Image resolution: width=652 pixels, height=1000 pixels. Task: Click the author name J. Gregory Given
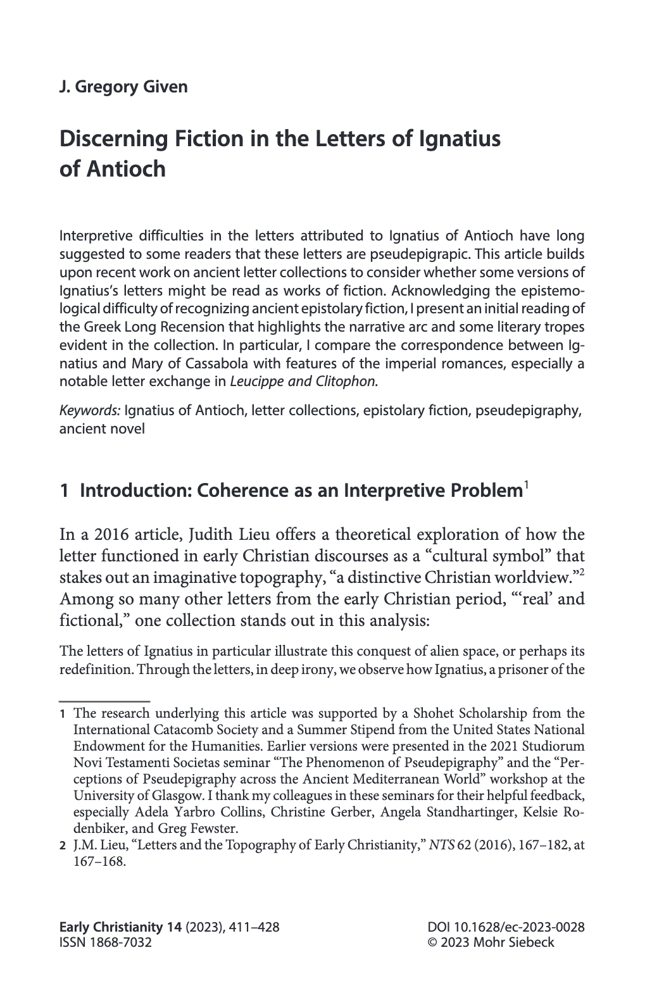123,87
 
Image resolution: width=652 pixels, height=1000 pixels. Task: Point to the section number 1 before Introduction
63,490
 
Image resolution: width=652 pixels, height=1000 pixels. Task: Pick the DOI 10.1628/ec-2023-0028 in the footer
506,927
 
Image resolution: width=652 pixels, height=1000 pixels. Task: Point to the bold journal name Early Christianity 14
120,927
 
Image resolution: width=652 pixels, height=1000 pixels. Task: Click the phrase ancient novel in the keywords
102,428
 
